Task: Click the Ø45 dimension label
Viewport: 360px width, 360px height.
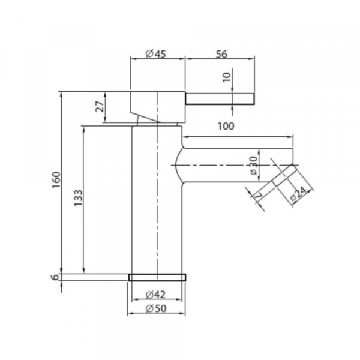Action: coord(155,54)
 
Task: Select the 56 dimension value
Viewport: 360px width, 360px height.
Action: coord(221,54)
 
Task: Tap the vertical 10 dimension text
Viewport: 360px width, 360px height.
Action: coord(226,77)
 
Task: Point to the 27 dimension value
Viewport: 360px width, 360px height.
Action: coord(100,106)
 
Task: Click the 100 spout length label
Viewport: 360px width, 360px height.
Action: coord(226,126)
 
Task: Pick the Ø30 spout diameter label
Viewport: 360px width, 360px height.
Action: coord(253,166)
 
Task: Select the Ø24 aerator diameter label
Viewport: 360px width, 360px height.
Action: coord(298,194)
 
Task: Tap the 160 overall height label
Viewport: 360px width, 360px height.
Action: coord(56,180)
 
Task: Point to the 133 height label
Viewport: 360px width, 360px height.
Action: coord(78,197)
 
